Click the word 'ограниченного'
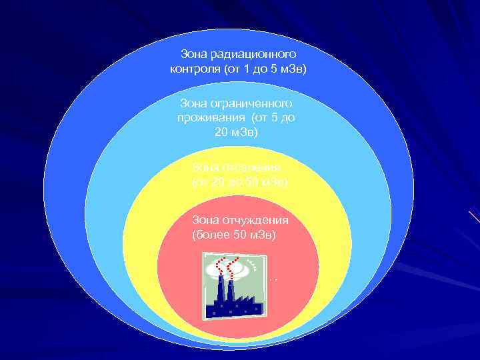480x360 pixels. click(x=253, y=104)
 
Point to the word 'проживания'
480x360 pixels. click(x=205, y=117)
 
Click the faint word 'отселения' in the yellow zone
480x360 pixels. click(x=252, y=167)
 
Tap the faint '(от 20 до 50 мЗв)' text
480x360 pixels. click(x=239, y=181)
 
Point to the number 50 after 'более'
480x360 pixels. click(x=234, y=235)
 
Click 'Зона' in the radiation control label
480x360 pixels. click(x=194, y=53)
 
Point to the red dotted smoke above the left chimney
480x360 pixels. click(x=217, y=270)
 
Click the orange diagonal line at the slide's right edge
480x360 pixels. click(x=474, y=217)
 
